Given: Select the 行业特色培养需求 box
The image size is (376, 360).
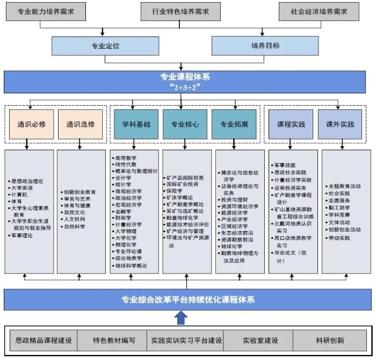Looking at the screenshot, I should (180, 11).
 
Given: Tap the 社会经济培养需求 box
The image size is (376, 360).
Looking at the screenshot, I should (319, 11).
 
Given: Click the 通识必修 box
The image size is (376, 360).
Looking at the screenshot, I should (30, 124).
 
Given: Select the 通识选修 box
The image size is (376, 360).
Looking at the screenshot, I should (81, 124).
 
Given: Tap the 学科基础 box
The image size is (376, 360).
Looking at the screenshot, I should (133, 124).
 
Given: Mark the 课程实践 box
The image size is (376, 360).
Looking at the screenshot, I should (291, 124).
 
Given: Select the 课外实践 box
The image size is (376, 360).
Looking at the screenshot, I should (341, 124).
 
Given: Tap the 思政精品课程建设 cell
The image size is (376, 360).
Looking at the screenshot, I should (44, 340).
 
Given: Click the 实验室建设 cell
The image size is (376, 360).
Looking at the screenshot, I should (260, 340).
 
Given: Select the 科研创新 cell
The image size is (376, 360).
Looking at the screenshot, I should (330, 340).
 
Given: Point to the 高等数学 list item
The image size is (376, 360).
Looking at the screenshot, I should (126, 158).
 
